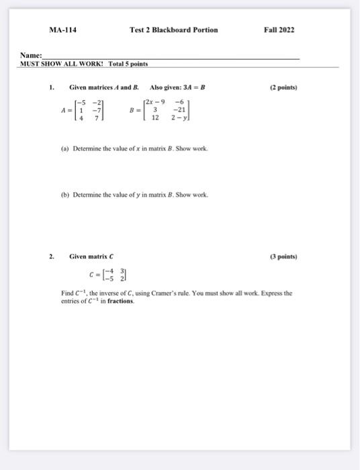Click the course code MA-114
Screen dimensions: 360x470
pos(62,30)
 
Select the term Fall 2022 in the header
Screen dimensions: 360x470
pos(279,30)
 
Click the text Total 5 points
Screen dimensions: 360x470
pos(128,64)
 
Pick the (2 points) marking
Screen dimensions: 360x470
pos(283,87)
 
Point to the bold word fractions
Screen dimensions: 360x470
pos(118,301)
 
